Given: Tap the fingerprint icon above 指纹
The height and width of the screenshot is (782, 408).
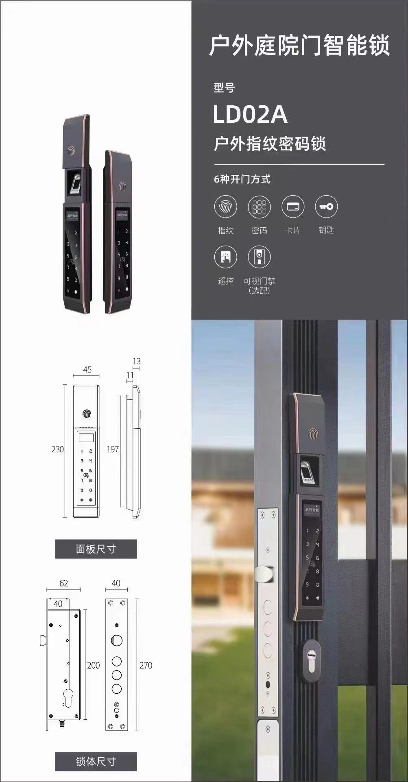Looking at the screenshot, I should click(225, 207).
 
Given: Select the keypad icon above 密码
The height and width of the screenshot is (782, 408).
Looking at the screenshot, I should click(259, 207).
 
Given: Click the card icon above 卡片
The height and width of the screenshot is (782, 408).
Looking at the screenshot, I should click(293, 207).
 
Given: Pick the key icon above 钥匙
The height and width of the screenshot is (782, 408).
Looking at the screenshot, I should click(326, 207).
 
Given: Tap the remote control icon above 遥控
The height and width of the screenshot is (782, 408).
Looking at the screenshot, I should click(225, 257).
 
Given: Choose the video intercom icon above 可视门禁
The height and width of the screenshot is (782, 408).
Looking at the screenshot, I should click(259, 257).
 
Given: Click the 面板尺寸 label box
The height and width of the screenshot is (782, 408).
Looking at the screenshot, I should click(96, 549).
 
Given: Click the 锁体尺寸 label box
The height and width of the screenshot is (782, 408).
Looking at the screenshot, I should click(96, 761).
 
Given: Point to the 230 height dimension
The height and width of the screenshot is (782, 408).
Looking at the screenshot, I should click(57, 449).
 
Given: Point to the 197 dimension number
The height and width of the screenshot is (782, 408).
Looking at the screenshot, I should click(113, 449).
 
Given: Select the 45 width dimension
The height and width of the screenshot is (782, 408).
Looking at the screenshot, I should click(87, 370).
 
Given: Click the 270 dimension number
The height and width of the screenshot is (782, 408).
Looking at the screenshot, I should click(146, 665).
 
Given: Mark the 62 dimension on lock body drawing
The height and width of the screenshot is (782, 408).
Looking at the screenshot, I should click(63, 583).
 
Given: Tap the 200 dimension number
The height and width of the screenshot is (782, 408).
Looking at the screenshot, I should click(93, 665).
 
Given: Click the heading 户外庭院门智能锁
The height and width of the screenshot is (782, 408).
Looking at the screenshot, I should click(299, 46).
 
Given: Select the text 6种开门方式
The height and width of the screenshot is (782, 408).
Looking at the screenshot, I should click(242, 179).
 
